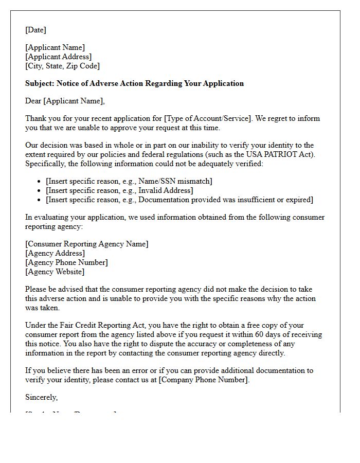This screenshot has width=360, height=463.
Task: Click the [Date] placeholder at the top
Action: [x=35, y=30]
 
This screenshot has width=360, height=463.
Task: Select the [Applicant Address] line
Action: [x=58, y=57]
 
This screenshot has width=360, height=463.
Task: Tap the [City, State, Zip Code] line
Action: [x=62, y=66]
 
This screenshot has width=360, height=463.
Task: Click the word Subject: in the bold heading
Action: [x=40, y=83]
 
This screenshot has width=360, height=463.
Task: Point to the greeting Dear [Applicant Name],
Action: [x=65, y=101]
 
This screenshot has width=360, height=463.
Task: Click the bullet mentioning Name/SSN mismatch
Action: [x=129, y=181]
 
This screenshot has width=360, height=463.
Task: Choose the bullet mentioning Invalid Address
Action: [x=119, y=190]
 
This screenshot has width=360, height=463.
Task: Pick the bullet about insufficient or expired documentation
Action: [x=179, y=200]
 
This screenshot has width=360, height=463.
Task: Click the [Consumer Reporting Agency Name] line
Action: [x=86, y=244]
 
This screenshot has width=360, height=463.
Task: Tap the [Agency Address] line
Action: [x=55, y=253]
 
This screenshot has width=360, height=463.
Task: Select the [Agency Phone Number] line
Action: [x=66, y=262]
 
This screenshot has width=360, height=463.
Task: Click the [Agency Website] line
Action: [x=55, y=272]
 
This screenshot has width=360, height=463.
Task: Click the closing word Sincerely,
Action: [x=42, y=397]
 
